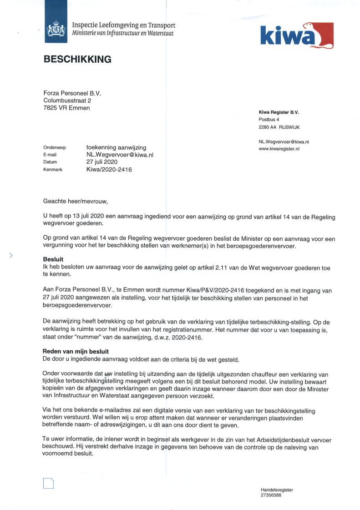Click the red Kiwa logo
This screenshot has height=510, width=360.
click(296, 35)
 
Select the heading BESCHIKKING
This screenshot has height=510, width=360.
click(77, 59)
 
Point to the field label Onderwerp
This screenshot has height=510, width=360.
click(55, 148)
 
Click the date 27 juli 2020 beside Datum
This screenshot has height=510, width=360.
click(102, 162)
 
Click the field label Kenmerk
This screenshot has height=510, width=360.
click(52, 170)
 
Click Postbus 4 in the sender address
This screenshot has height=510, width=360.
click(269, 120)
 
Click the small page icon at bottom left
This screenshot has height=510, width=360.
click(49, 484)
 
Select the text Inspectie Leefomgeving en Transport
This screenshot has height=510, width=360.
click(123, 25)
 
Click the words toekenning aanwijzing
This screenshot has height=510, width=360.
click(116, 147)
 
